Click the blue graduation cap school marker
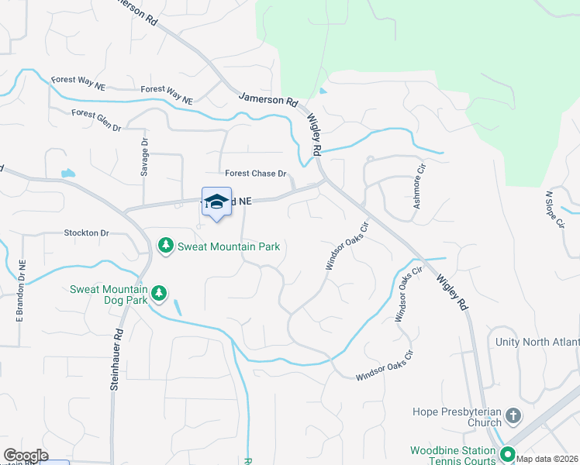pos(216,201)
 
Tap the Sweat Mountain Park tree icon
pos(165,246)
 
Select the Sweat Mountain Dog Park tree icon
pos(159,293)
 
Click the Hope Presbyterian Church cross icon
pos(513,417)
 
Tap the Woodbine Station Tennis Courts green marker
pos(508,454)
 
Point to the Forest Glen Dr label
pos(96,119)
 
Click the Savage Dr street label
pos(144,157)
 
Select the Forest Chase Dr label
pos(256,174)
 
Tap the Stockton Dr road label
pos(87,232)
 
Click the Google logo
pos(25,456)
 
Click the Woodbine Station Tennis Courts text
pos(453,455)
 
